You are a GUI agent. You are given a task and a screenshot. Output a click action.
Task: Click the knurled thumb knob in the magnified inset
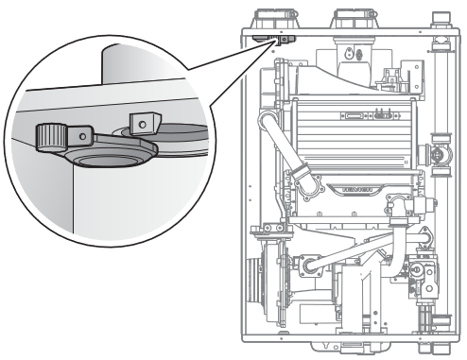click(x=55, y=138)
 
